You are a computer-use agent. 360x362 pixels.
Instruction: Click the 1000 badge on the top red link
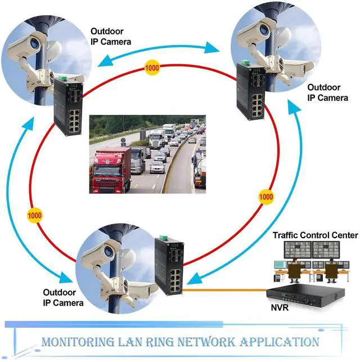click(152, 68)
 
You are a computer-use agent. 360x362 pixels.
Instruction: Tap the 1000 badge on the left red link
click(34, 216)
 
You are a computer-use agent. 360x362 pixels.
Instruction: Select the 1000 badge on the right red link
click(266, 196)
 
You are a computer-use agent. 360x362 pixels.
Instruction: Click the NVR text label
click(280, 307)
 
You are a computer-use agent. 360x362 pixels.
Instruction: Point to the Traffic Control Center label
click(315, 235)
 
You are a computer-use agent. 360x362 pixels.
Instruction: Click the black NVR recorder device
click(305, 296)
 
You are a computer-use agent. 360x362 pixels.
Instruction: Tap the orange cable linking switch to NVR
click(224, 290)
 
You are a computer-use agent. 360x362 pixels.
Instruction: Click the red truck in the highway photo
click(110, 171)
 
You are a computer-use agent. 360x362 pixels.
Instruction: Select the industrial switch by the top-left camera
click(68, 106)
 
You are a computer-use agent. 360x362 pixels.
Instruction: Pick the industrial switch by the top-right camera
click(251, 91)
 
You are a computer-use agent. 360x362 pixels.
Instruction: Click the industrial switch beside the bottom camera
click(169, 266)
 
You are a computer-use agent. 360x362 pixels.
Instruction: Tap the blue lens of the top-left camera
click(34, 43)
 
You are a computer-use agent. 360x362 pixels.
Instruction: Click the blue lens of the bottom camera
click(109, 251)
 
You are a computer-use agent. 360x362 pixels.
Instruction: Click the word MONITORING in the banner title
click(78, 342)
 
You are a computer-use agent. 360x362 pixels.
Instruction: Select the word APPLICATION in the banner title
click(280, 342)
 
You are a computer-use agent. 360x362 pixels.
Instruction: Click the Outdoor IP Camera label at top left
click(111, 37)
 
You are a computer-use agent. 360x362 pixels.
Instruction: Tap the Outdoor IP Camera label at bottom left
click(63, 298)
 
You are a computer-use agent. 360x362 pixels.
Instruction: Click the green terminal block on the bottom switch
click(163, 238)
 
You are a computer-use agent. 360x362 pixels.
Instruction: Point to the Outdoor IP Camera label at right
click(327, 92)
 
